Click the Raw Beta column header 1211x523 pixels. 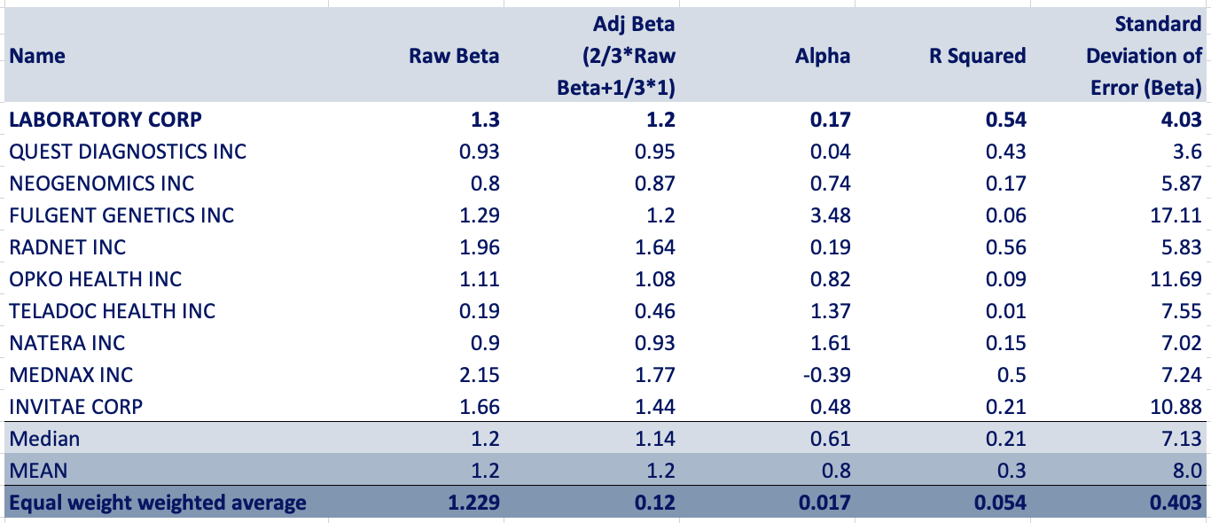pos(454,56)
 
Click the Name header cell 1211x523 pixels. pos(37,56)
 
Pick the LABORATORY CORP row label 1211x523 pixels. pos(105,119)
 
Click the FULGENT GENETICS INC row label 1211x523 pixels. pos(121,215)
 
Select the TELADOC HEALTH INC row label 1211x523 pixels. pos(113,311)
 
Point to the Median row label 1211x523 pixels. pos(44,439)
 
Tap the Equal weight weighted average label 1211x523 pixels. pos(158,503)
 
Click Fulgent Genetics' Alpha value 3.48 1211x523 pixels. pos(832,215)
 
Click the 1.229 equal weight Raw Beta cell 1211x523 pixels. pos(474,503)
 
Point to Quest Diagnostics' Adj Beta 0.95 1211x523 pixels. pos(656,152)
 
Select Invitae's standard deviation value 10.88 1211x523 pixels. pos(1176,407)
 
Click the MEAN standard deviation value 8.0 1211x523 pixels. pos(1187,471)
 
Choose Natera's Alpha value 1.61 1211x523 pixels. pos(832,343)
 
